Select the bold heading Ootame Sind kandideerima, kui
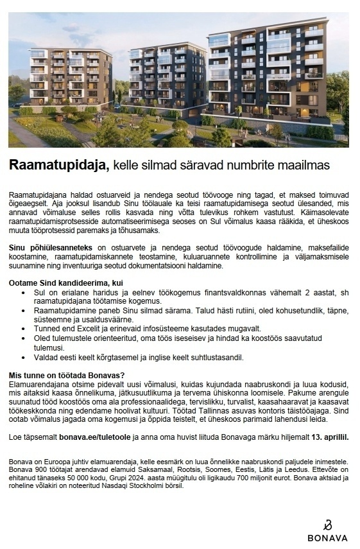pos(65,283)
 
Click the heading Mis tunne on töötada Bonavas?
pos(67,375)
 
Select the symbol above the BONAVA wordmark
pos(327,524)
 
